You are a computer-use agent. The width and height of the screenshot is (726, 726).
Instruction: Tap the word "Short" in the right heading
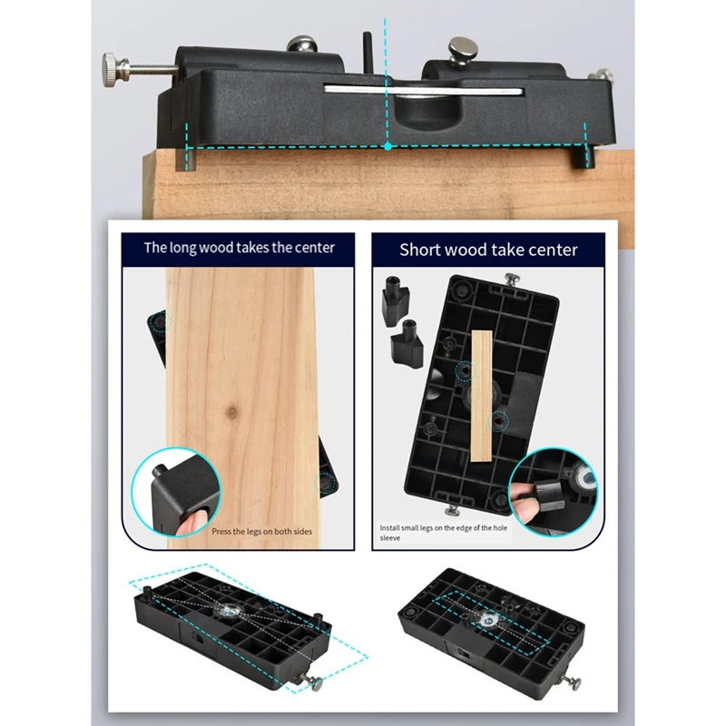[423, 249]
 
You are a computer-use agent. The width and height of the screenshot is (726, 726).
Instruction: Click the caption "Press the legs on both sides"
[262, 532]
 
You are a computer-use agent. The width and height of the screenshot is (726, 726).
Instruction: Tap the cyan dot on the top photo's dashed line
[388, 145]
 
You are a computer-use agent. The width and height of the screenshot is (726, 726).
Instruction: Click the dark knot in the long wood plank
[234, 412]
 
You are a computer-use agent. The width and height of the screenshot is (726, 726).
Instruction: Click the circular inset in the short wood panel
[552, 490]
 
